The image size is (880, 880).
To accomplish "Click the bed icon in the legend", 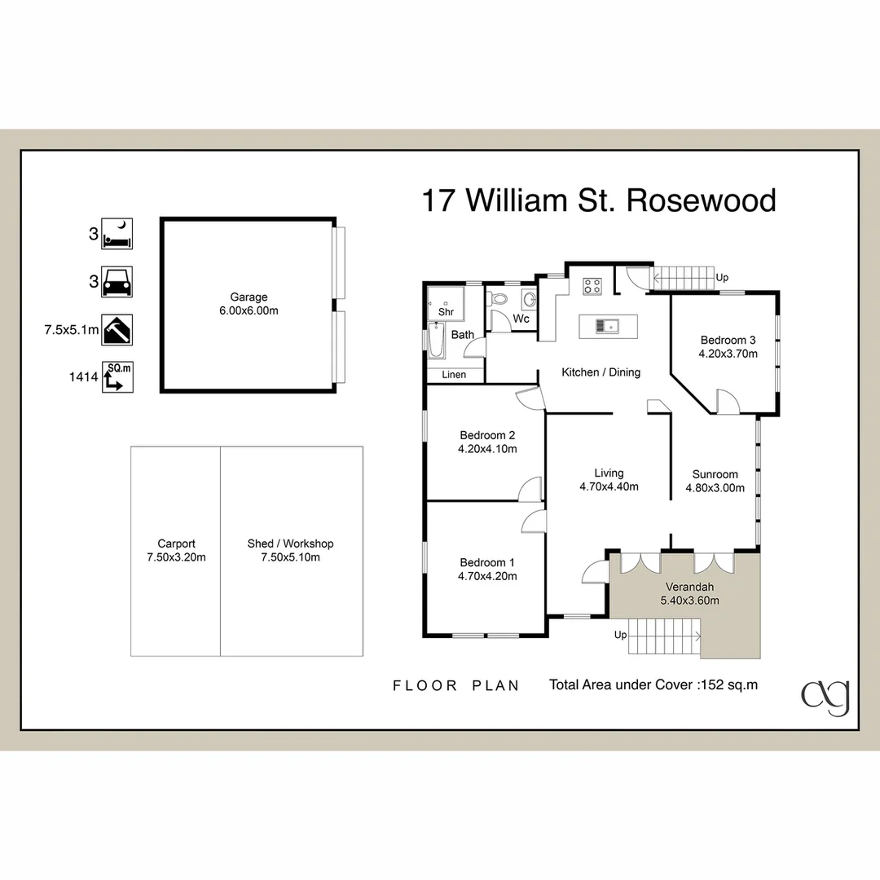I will (x=117, y=234).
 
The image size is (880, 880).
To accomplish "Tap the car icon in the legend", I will (x=117, y=282).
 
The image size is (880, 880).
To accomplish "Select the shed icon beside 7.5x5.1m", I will (x=117, y=330).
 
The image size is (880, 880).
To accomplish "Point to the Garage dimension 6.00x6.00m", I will (x=248, y=311).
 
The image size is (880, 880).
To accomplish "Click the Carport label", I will (x=176, y=543).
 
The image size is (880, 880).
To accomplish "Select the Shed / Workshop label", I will (x=290, y=543).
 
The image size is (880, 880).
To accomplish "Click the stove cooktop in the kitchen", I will (x=592, y=286).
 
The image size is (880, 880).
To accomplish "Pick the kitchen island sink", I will (x=606, y=326).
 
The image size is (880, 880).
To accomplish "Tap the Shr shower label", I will (x=446, y=312).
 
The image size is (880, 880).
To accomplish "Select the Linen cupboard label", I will (x=454, y=375).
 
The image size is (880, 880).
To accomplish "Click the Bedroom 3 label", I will (x=728, y=340).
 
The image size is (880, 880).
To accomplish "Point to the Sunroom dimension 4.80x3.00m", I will (x=715, y=488).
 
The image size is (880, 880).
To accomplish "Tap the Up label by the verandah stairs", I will (x=620, y=634).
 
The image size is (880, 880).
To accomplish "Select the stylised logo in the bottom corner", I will (x=825, y=697).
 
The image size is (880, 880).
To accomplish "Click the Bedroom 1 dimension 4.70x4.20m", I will (x=487, y=576).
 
